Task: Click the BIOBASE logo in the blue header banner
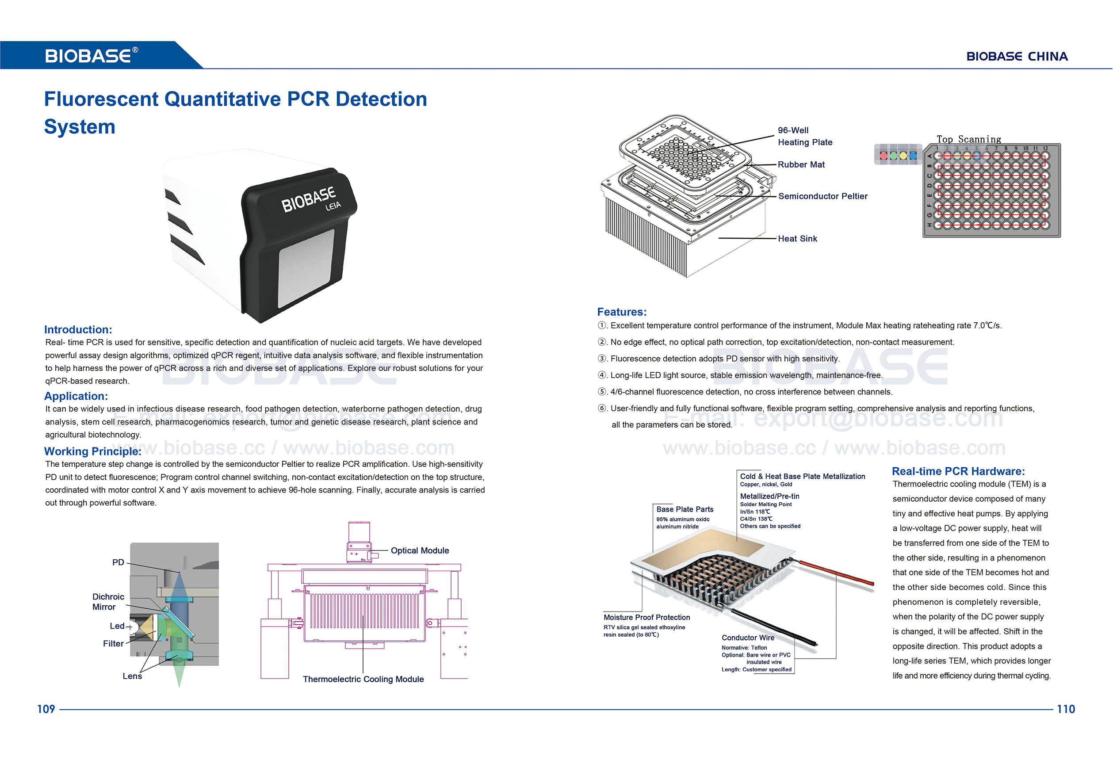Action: [x=91, y=56]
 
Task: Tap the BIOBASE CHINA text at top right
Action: [x=1017, y=57]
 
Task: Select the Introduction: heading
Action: [x=78, y=329]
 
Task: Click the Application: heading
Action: [x=76, y=396]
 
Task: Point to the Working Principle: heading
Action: [x=92, y=451]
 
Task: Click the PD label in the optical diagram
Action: [x=118, y=562]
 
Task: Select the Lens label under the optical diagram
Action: [x=132, y=676]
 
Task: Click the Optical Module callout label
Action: [x=420, y=551]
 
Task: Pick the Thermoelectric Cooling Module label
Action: [x=363, y=679]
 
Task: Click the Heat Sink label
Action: [x=797, y=238]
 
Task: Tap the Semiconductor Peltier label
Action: [x=823, y=196]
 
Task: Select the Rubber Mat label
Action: [x=801, y=164]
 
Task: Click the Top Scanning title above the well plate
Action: [x=969, y=139]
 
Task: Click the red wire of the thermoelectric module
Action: [x=838, y=573]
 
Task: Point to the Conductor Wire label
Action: [x=748, y=638]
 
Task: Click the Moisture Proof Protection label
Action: [x=646, y=617]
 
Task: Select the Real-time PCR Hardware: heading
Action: [x=958, y=471]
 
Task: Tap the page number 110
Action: [x=1066, y=709]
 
